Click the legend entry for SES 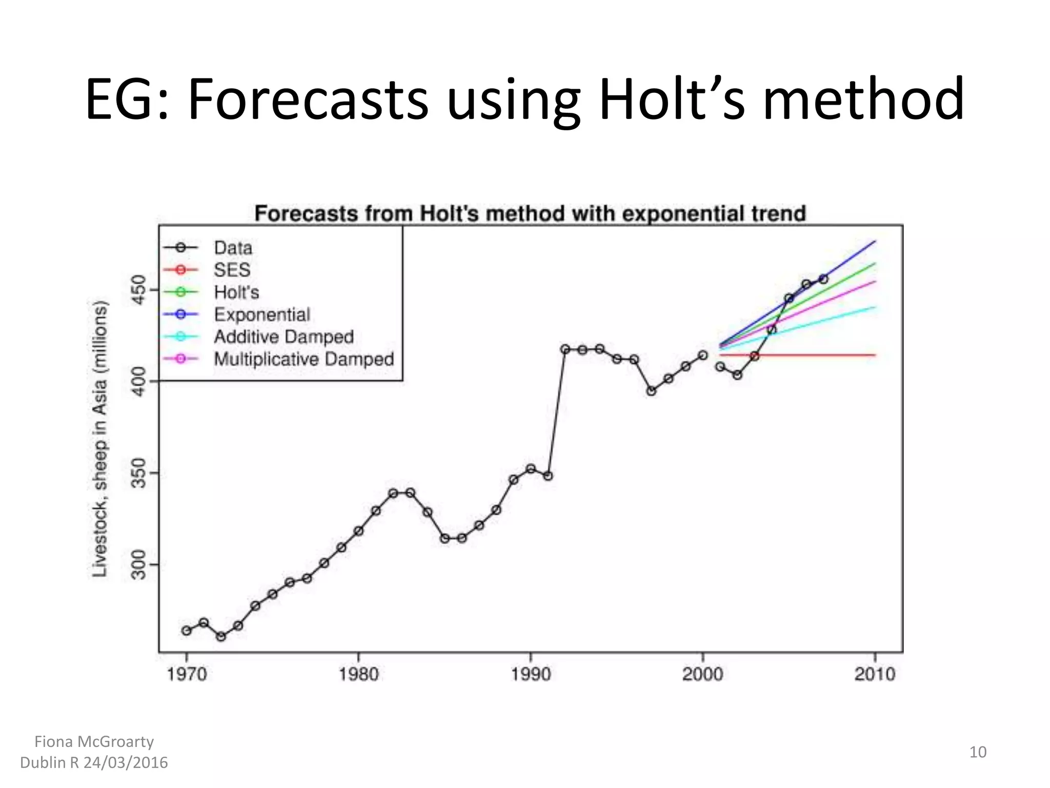click(232, 270)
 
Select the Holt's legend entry click(236, 292)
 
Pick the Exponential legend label click(262, 314)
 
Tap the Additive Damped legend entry click(284, 337)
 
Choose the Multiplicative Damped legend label click(304, 359)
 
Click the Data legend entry click(233, 248)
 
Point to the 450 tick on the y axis click(139, 289)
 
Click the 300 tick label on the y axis click(139, 564)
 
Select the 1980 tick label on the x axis click(358, 674)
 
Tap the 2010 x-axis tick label click(875, 674)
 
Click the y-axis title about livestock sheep click(100, 439)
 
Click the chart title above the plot click(530, 213)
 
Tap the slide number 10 click(977, 752)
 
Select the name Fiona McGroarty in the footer click(94, 742)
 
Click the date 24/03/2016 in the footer click(126, 763)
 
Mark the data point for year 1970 click(187, 631)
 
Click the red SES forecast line click(820, 355)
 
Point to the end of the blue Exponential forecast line click(875, 241)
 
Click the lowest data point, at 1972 click(221, 637)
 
